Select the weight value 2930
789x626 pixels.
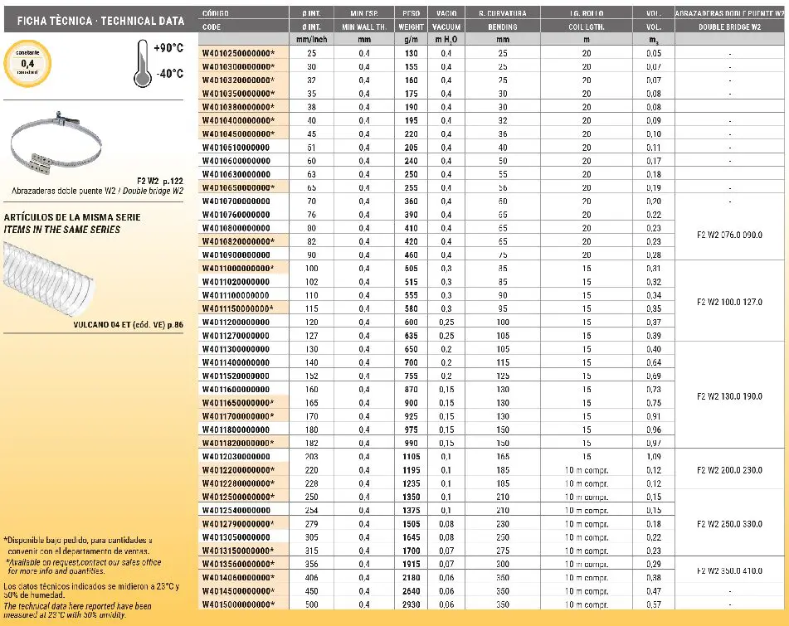pos(412,604)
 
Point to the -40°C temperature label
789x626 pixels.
pos(168,73)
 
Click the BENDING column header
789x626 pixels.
pos(503,27)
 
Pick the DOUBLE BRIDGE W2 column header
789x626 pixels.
pos(730,27)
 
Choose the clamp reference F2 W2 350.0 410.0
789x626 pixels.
pos(730,570)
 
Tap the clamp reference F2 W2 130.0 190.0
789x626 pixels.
pos(730,396)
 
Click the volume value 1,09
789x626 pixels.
pos(654,456)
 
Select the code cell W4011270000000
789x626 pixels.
pos(236,335)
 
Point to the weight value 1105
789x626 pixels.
pos(412,456)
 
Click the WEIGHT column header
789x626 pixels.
pos(412,27)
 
